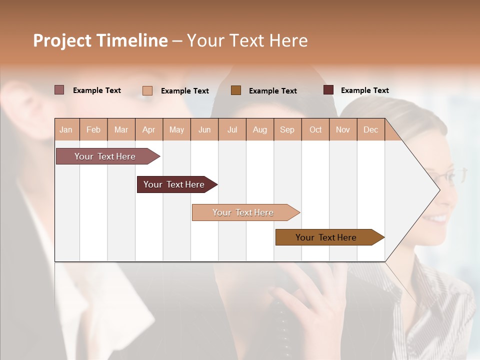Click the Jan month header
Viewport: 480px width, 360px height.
click(66, 130)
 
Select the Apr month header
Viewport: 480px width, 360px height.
click(149, 130)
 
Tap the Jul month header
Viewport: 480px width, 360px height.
click(232, 130)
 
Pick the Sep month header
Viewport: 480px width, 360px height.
click(287, 130)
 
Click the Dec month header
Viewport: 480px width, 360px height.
click(370, 130)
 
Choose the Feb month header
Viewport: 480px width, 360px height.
click(93, 130)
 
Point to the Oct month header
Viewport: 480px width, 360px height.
click(315, 130)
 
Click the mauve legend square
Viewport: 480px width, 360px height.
click(59, 90)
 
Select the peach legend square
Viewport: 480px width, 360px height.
click(147, 90)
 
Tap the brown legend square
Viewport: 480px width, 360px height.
click(236, 90)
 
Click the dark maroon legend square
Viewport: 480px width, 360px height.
click(328, 90)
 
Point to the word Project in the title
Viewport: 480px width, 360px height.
click(61, 40)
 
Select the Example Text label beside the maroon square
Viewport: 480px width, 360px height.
click(364, 90)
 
